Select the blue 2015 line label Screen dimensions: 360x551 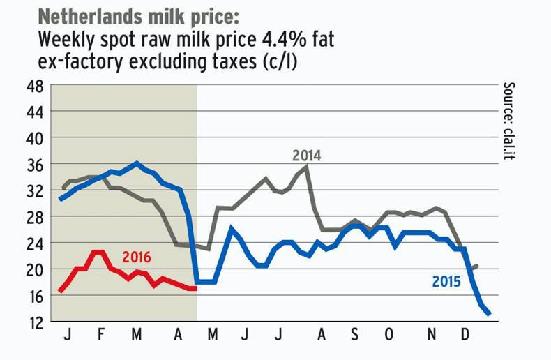447,283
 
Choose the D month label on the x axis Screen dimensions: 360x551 465,336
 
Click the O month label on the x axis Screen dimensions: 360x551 388,336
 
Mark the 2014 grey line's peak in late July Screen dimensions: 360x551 308,167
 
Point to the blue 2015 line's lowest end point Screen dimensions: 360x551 490,314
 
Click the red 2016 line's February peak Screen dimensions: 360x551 98,252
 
